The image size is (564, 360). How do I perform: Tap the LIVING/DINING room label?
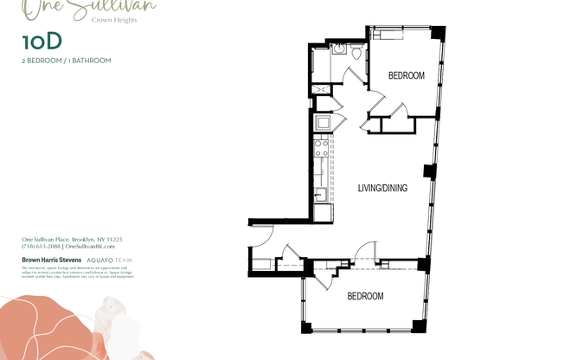tap(382, 188)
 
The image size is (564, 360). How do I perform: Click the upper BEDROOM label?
tap(406, 76)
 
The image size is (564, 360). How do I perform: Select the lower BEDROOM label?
tap(365, 296)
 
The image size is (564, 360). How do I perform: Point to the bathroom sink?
tap(338, 48)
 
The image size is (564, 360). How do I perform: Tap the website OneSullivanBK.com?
tap(94, 247)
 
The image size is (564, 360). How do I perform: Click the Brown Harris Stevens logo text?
tap(50, 260)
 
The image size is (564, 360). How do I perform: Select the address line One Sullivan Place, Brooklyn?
tap(72, 239)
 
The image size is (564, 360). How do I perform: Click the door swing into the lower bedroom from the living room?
tap(365, 251)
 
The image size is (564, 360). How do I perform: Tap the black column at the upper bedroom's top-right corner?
tap(438, 33)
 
